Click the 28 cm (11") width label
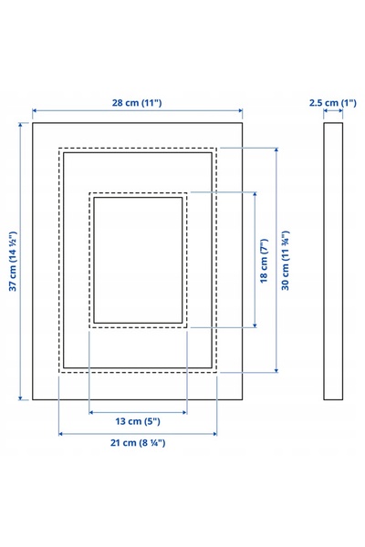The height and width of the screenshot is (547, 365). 137,103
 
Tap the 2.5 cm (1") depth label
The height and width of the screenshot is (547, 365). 332,103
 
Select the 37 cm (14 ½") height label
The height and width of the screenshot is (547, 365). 13,261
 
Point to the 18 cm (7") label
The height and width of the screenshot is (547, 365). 264,261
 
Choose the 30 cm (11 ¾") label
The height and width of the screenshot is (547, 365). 286,260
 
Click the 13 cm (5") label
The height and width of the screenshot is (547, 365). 138,421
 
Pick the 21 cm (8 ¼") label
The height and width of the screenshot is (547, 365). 138,443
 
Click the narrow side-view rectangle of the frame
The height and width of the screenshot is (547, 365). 333,261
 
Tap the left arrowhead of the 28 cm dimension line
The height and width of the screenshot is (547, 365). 35,111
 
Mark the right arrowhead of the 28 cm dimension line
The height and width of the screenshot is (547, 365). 240,111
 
